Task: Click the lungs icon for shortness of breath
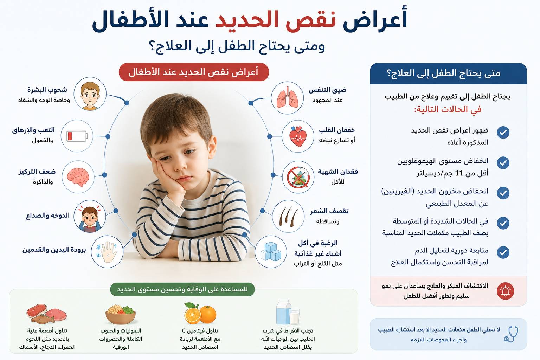(287, 98)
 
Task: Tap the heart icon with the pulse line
(298, 136)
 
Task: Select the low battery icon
(77, 136)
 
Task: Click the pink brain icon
(78, 177)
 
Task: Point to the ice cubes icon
(271, 251)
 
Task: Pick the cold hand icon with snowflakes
(107, 252)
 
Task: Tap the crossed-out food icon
(298, 177)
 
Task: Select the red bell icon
(505, 291)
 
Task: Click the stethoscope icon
(511, 334)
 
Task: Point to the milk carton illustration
(288, 312)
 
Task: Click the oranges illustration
(200, 313)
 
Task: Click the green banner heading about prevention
(182, 289)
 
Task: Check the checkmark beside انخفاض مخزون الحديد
(503, 193)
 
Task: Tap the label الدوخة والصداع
(48, 215)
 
